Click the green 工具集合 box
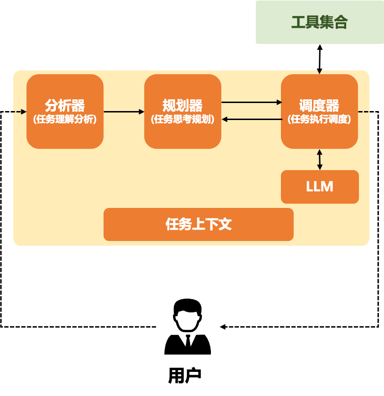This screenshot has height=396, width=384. pos(319,22)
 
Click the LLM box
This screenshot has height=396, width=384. pos(320,187)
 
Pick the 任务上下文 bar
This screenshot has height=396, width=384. pos(199,224)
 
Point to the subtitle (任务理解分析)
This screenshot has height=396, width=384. pos(65,120)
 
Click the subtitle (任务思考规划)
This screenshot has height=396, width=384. pos(183,120)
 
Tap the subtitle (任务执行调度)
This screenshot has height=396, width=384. pos(319,120)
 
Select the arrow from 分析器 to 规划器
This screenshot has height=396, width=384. pos(124,112)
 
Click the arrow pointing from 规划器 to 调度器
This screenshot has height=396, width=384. pos(251,102)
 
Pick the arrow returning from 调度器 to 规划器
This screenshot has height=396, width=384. pos(251,120)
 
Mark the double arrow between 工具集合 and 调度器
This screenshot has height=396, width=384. pos(320,59)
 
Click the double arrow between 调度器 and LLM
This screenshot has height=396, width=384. pos(320,159)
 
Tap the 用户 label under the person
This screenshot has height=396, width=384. pos(185,375)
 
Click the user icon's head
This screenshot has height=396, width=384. pos(187,314)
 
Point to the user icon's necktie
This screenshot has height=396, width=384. pos(188,341)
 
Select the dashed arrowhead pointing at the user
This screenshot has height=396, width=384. pos(222,327)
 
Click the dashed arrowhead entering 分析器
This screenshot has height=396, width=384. pos(24,112)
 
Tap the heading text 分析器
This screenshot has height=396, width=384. pos(65,105)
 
